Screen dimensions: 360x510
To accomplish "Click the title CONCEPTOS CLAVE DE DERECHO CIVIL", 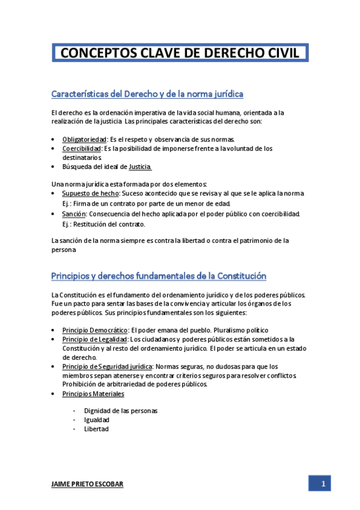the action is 180,53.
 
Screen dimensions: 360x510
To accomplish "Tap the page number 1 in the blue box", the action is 323,484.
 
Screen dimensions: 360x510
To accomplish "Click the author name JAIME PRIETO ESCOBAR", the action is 87,485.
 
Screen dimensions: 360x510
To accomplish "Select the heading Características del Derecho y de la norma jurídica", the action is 147,94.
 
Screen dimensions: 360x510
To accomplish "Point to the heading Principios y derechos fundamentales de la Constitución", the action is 158,276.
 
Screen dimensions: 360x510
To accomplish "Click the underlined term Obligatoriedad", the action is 84,140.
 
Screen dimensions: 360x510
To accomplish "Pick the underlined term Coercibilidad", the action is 82,149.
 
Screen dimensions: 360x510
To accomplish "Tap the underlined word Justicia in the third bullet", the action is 140,167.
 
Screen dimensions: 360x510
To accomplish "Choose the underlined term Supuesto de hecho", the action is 91,194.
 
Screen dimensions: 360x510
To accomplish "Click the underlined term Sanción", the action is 74,214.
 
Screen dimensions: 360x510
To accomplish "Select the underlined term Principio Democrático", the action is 95,330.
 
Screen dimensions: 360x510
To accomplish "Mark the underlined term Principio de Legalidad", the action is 94,339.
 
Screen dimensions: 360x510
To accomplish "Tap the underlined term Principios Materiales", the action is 93,394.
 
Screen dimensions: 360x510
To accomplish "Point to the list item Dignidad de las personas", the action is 121,411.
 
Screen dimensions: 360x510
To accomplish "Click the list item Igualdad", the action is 97,420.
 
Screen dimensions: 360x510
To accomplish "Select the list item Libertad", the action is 97,429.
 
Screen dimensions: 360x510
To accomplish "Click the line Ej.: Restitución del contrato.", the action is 104,224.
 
